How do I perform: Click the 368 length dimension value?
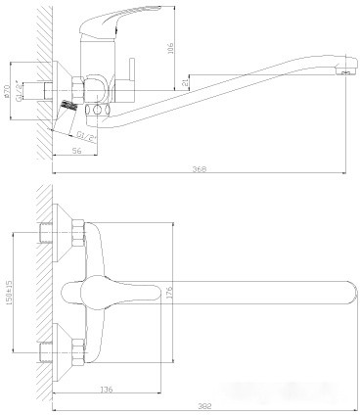click(200, 169)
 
